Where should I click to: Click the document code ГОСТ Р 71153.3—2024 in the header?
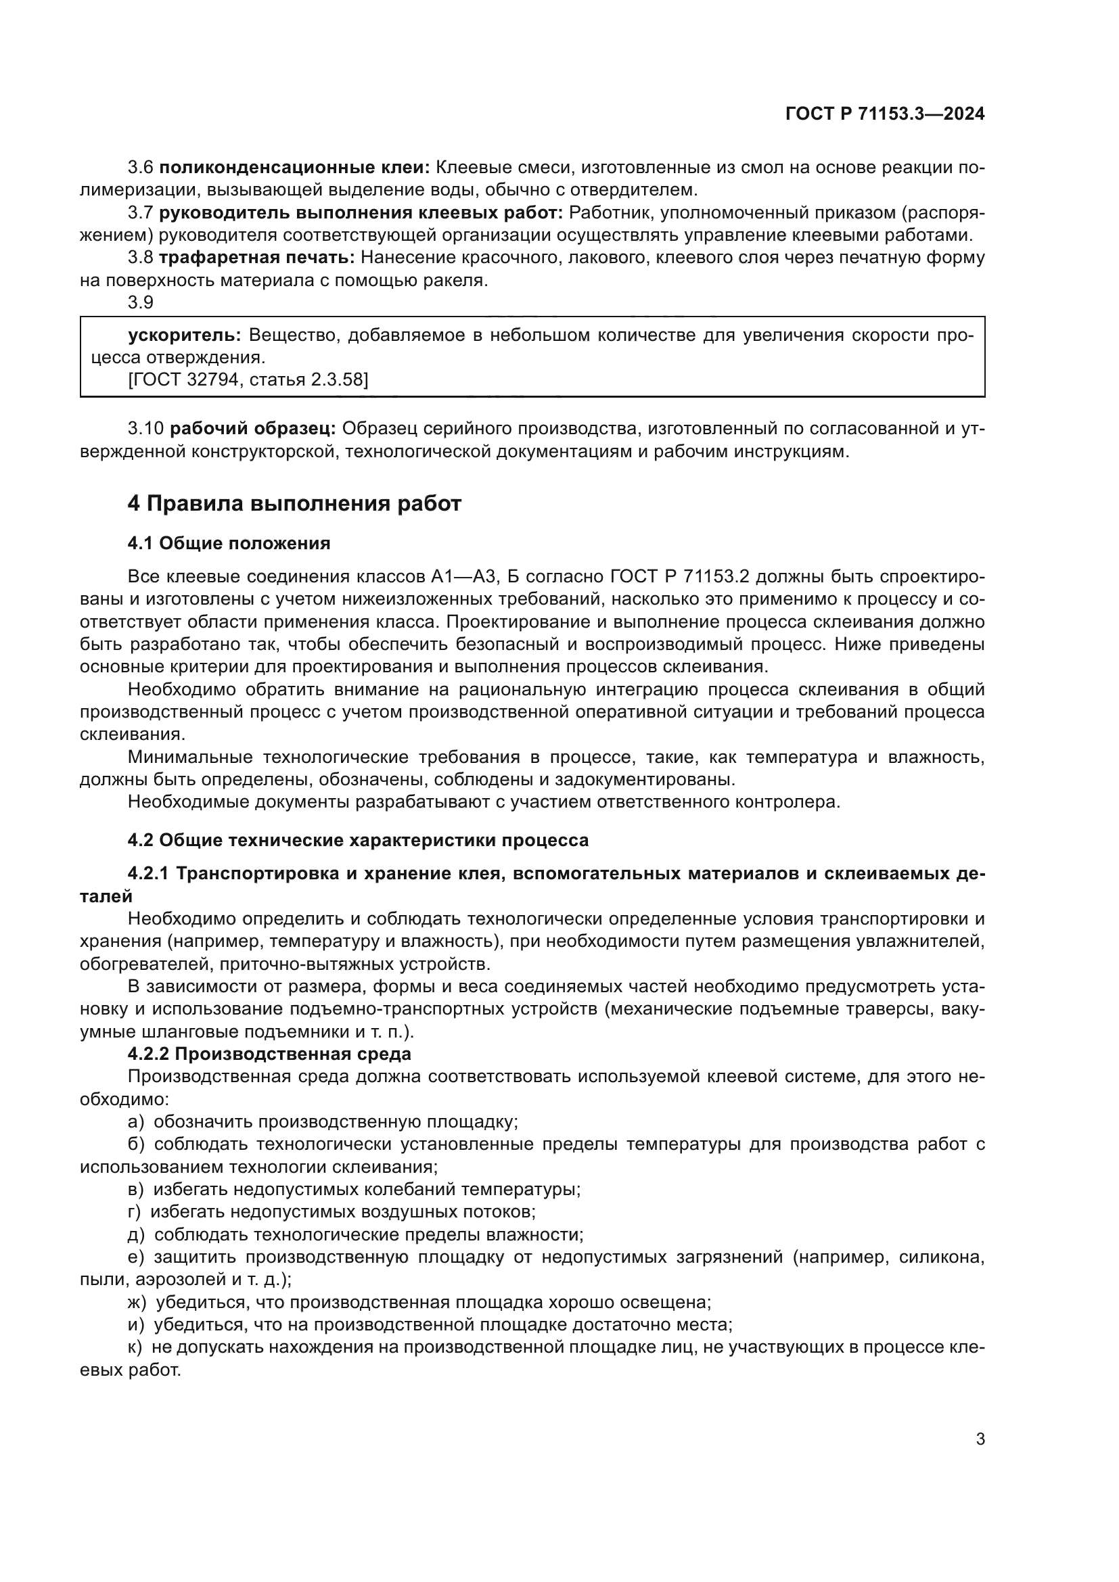pyautogui.click(x=885, y=114)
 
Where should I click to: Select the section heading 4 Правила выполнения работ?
pyautogui.click(x=294, y=504)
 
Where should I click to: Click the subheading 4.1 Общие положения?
pyautogui.click(x=229, y=544)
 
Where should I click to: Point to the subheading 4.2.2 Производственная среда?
pyautogui.click(x=269, y=1054)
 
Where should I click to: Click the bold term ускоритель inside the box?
pyautogui.click(x=184, y=335)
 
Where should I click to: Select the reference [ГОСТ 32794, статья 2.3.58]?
pyautogui.click(x=248, y=379)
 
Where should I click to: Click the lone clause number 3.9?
pyautogui.click(x=141, y=302)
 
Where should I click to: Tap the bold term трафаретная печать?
pyautogui.click(x=256, y=258)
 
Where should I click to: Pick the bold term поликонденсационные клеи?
pyautogui.click(x=294, y=168)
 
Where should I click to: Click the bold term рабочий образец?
pyautogui.click(x=252, y=429)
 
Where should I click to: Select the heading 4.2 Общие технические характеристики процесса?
pyautogui.click(x=359, y=841)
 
